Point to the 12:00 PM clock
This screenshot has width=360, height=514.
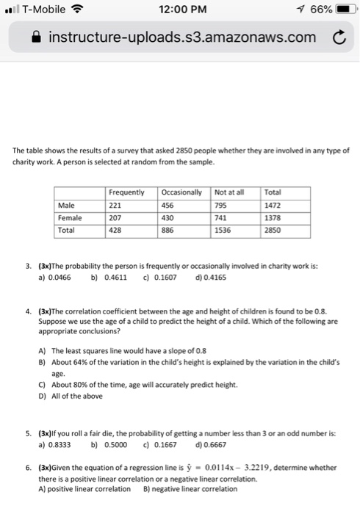click(181, 11)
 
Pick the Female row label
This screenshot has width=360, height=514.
click(71, 219)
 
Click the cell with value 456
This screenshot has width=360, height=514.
click(169, 206)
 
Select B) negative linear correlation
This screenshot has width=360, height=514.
click(187, 489)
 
